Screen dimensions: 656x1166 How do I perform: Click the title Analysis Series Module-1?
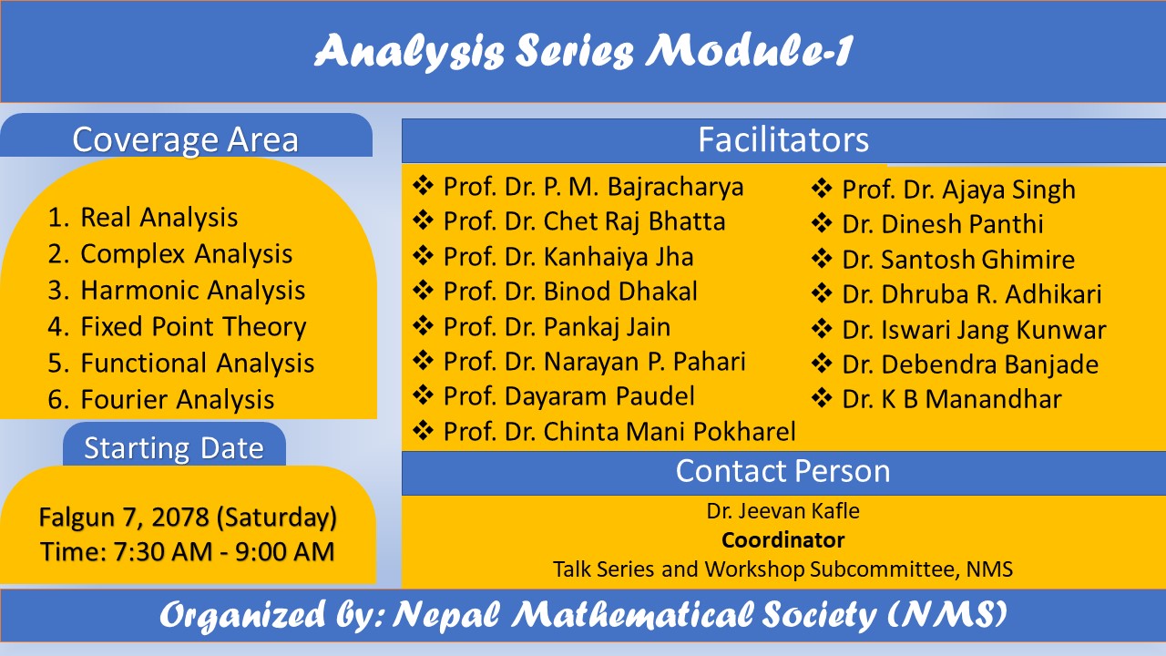coord(583,52)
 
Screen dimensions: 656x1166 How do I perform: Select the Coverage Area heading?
coord(185,139)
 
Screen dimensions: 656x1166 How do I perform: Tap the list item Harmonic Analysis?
coord(192,291)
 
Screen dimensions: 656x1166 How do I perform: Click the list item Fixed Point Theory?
coord(193,327)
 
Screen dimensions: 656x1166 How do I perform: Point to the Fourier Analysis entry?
coord(177,400)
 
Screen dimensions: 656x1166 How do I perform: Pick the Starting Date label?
coord(174,448)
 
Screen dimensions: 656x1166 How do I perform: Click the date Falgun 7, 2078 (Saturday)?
coord(188,518)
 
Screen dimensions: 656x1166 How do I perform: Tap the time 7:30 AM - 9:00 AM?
coord(188,551)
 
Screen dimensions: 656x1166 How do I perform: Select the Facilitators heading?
coord(782,139)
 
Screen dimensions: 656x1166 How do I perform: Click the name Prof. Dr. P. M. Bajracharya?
coord(593,187)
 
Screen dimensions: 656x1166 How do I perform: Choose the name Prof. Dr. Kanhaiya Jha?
coord(568,257)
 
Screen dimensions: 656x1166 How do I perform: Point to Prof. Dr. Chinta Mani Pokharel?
coord(619,431)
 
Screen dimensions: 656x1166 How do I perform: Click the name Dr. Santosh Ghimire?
coord(958,260)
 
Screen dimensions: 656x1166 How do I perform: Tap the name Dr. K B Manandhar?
coord(951,399)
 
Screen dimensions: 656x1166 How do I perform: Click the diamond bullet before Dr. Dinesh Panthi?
coord(823,224)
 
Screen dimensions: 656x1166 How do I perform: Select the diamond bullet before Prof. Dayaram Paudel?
coord(424,395)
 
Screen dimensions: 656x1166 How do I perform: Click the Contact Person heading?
coord(782,471)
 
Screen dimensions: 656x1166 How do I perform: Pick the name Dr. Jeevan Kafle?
coord(782,511)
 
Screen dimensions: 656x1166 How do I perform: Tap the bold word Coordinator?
coord(782,540)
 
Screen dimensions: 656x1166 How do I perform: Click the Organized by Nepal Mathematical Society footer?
coord(583,615)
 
